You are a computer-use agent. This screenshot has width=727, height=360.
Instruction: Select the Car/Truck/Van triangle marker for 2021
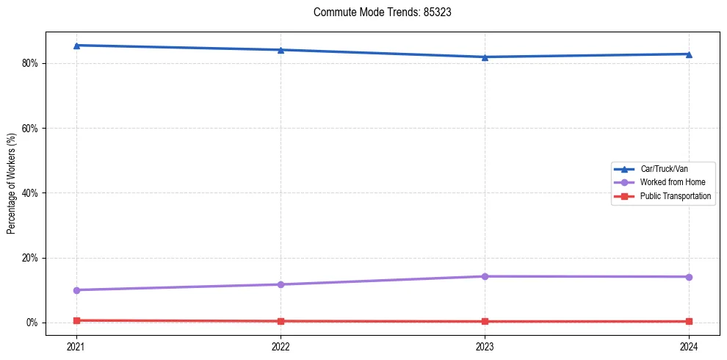coord(76,46)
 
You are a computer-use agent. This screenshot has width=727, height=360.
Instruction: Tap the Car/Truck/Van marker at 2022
coord(281,50)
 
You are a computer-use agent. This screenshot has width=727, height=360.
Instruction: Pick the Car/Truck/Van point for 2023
coord(485,57)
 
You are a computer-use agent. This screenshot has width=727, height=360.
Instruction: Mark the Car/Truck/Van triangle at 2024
coord(689,54)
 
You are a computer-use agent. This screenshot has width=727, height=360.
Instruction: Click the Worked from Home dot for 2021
coord(76,290)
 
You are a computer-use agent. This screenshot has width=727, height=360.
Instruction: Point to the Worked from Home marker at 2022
coord(281,284)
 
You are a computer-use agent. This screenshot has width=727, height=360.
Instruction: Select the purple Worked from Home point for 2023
coord(485,276)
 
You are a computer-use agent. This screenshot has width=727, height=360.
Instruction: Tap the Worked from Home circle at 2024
coord(689,277)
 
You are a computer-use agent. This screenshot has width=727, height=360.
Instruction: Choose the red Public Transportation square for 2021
coord(76,320)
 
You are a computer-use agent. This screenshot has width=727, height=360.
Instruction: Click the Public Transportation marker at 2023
coord(485,321)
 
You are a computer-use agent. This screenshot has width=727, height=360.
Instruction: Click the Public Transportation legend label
coord(675,196)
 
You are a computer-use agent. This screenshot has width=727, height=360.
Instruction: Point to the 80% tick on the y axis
coord(30,63)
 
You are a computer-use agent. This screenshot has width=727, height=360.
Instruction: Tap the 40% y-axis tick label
coord(30,193)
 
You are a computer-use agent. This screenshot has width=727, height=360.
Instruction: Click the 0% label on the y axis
coord(32,323)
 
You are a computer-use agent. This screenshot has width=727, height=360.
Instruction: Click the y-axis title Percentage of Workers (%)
coord(12,184)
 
